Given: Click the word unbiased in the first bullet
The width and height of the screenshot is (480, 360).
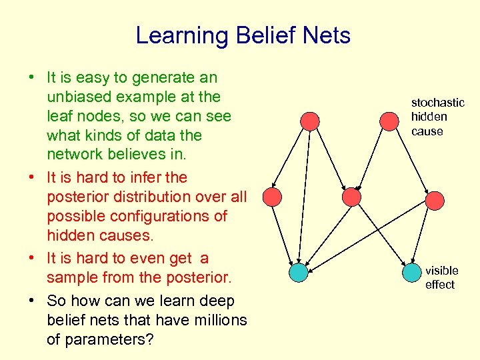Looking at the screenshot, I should point(77,97).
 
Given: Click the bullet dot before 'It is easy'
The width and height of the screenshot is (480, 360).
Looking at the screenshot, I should point(31,78).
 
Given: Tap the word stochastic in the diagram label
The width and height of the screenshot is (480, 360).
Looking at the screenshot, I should point(437,103).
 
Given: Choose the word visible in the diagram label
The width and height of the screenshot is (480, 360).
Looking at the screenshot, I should point(441,271).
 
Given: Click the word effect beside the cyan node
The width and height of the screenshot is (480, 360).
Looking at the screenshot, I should point(440,285).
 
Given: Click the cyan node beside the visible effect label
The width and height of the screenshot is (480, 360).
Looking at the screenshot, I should point(412,273).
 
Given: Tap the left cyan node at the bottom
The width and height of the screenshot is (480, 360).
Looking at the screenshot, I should point(299,273).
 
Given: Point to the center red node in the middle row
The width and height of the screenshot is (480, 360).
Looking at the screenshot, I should point(351,197).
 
